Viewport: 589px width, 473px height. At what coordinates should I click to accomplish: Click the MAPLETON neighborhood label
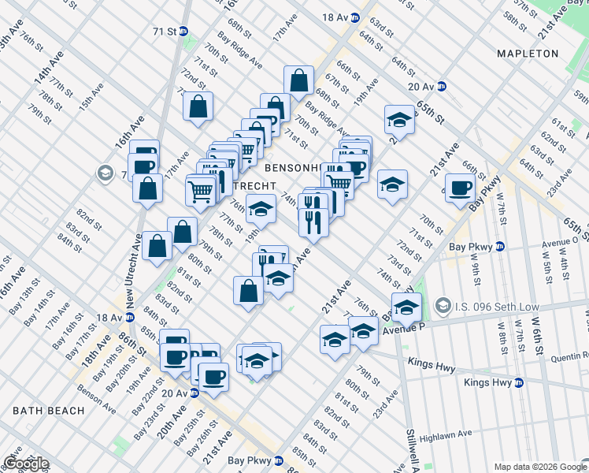coord(527,54)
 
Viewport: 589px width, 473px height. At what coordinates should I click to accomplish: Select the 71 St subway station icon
coord(183,32)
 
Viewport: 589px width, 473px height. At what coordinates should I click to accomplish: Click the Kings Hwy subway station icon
coord(519,383)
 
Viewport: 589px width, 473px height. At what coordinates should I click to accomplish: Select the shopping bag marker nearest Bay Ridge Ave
coord(299,80)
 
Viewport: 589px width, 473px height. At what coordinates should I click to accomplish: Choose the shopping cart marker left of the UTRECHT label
coord(201,190)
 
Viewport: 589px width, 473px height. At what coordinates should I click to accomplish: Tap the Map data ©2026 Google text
coord(540,467)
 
